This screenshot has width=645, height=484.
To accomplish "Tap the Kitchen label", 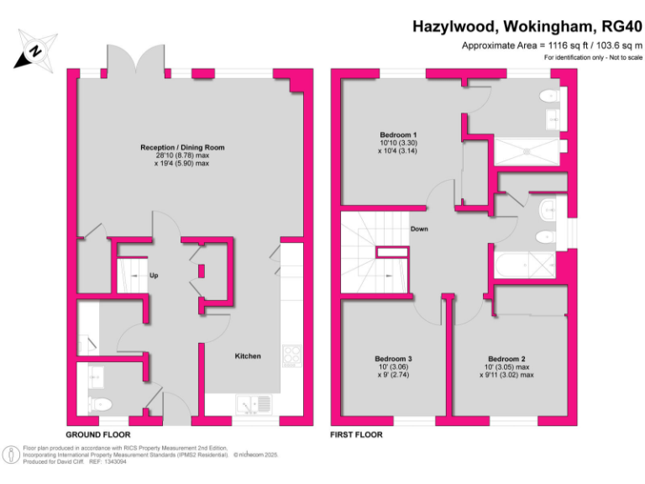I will tap(248, 356).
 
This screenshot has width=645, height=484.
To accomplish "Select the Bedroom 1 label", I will tap(398, 135).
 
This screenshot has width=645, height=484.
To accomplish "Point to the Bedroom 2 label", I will tap(506, 359).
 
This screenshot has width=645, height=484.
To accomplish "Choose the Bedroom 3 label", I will tap(393, 359).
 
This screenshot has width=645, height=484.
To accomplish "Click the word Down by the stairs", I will tap(420, 229).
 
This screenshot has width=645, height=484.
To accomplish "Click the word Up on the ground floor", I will tap(154, 276).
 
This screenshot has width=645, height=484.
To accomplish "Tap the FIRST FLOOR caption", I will tap(357, 434).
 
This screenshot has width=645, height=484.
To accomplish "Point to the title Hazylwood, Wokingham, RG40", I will tap(526, 26).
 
